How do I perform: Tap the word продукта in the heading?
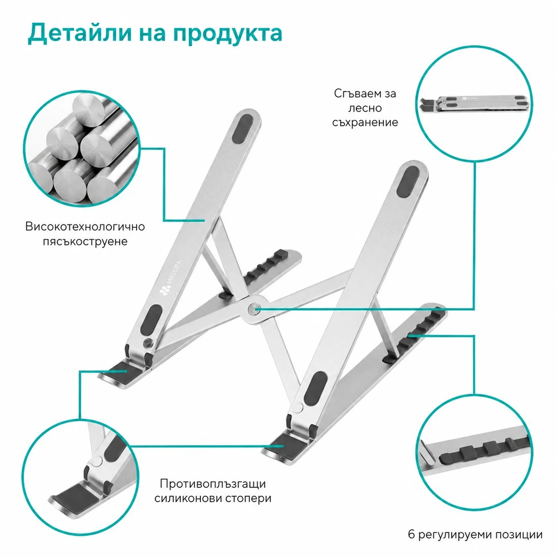(228, 35)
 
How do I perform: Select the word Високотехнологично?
(85, 227)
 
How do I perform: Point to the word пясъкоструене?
(85, 242)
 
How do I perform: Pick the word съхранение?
(365, 123)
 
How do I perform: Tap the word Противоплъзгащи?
(213, 484)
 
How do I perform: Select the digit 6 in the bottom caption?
(412, 534)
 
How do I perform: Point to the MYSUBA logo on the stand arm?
(171, 278)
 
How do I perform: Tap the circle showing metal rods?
(82, 149)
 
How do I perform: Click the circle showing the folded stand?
(474, 104)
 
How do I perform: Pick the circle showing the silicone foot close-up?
(80, 477)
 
